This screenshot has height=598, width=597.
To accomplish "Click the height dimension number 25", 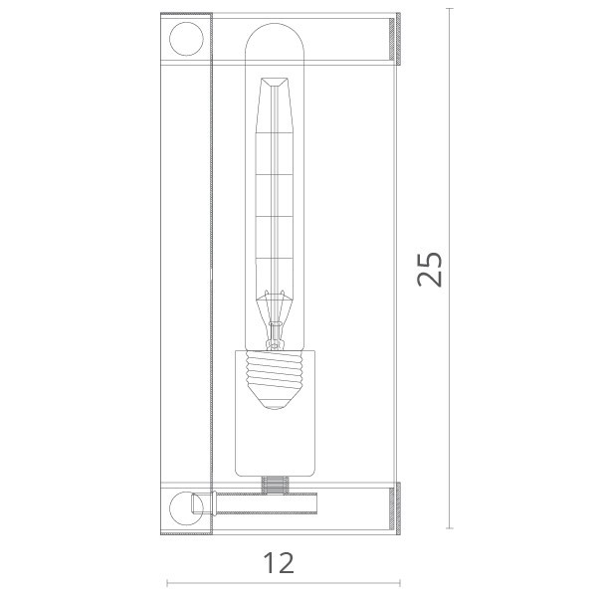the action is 430,270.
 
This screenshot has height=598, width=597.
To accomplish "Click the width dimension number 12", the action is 279,563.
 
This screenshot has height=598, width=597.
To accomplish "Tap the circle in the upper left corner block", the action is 186,39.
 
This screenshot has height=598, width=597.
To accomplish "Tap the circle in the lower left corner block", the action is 186,508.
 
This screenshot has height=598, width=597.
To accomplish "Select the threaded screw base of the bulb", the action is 275,372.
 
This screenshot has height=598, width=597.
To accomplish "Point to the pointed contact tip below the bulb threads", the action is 275,401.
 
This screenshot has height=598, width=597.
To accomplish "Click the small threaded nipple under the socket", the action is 275,486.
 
